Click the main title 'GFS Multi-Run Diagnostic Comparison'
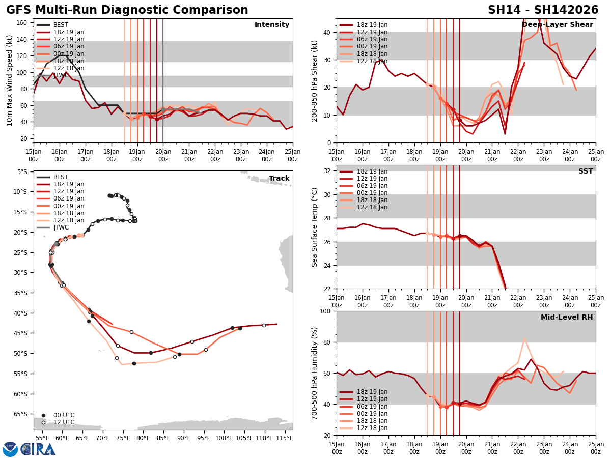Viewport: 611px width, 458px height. [x=127, y=10]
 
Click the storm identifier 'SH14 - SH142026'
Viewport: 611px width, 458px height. [x=543, y=10]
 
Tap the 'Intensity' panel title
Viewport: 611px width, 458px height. [x=272, y=25]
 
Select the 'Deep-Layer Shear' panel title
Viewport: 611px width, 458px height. [x=558, y=25]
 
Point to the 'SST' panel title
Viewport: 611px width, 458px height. [x=586, y=171]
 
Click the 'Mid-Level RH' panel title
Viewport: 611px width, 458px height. [x=567, y=318]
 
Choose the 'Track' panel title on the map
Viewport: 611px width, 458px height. [x=279, y=179]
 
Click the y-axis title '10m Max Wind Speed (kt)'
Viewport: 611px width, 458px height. [x=10, y=80]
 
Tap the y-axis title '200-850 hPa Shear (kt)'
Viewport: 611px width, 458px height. [x=315, y=80]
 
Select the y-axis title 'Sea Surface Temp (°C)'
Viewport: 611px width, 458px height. [x=315, y=227]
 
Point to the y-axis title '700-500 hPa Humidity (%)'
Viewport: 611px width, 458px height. [x=315, y=373]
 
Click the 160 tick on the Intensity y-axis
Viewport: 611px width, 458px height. [x=23, y=23]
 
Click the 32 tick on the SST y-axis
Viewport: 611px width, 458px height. [x=328, y=171]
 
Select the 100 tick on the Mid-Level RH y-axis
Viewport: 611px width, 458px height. [x=326, y=311]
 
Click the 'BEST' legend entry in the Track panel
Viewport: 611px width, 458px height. [x=61, y=177]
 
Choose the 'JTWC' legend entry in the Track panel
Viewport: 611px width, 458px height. [x=62, y=227]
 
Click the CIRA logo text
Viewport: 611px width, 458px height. [x=38, y=449]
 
